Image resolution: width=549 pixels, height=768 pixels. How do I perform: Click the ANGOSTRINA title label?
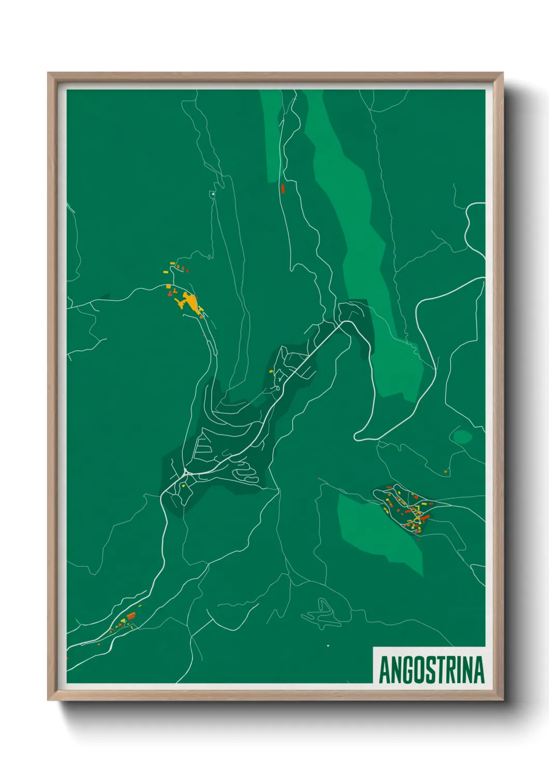(x=431, y=669)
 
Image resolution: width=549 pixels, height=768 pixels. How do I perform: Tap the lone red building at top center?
(x=283, y=188)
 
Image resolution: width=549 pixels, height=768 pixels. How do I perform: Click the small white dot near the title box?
(x=328, y=646)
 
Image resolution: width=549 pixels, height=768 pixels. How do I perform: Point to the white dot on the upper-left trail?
(x=213, y=194)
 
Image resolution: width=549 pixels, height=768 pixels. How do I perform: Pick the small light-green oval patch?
(x=462, y=437)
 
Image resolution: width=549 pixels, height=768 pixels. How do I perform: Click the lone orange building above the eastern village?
(x=445, y=471)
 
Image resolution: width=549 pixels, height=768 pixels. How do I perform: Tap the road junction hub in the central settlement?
(x=186, y=473)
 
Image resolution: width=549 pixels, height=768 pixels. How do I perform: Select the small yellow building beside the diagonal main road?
(x=271, y=372)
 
